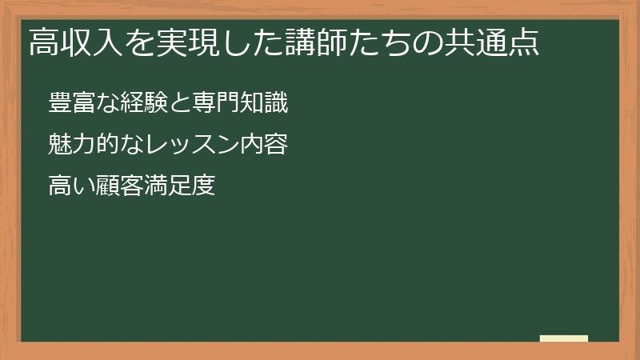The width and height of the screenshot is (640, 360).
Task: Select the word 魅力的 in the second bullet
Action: click(78, 145)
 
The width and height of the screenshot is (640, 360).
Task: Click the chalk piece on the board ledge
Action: click(564, 338)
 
